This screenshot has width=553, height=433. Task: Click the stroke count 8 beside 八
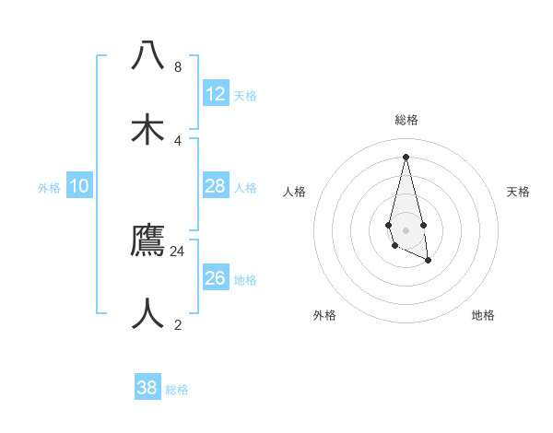177,67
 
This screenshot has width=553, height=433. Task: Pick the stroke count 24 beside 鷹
177,251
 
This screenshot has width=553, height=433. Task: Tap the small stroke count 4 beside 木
177,140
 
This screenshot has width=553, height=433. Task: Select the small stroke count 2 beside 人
177,324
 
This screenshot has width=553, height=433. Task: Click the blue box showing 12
216,94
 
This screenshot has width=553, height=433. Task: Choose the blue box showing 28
216,186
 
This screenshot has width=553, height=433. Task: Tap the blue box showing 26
216,278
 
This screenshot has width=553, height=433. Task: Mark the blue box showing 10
79,186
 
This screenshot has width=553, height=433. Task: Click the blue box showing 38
147,388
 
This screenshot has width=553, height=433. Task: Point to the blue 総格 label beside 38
177,390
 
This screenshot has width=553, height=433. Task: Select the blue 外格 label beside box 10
49,188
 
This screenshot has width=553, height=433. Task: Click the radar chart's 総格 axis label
406,120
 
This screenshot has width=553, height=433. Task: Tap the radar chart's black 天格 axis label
519,192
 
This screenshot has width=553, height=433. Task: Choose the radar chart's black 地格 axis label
483,315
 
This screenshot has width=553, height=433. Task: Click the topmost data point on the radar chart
406,156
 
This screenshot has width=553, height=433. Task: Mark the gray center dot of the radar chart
406,230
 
